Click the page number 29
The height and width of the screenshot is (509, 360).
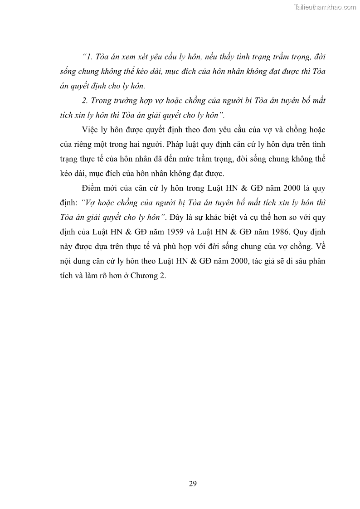[193, 483]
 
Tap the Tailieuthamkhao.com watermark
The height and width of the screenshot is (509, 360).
[325, 7]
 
